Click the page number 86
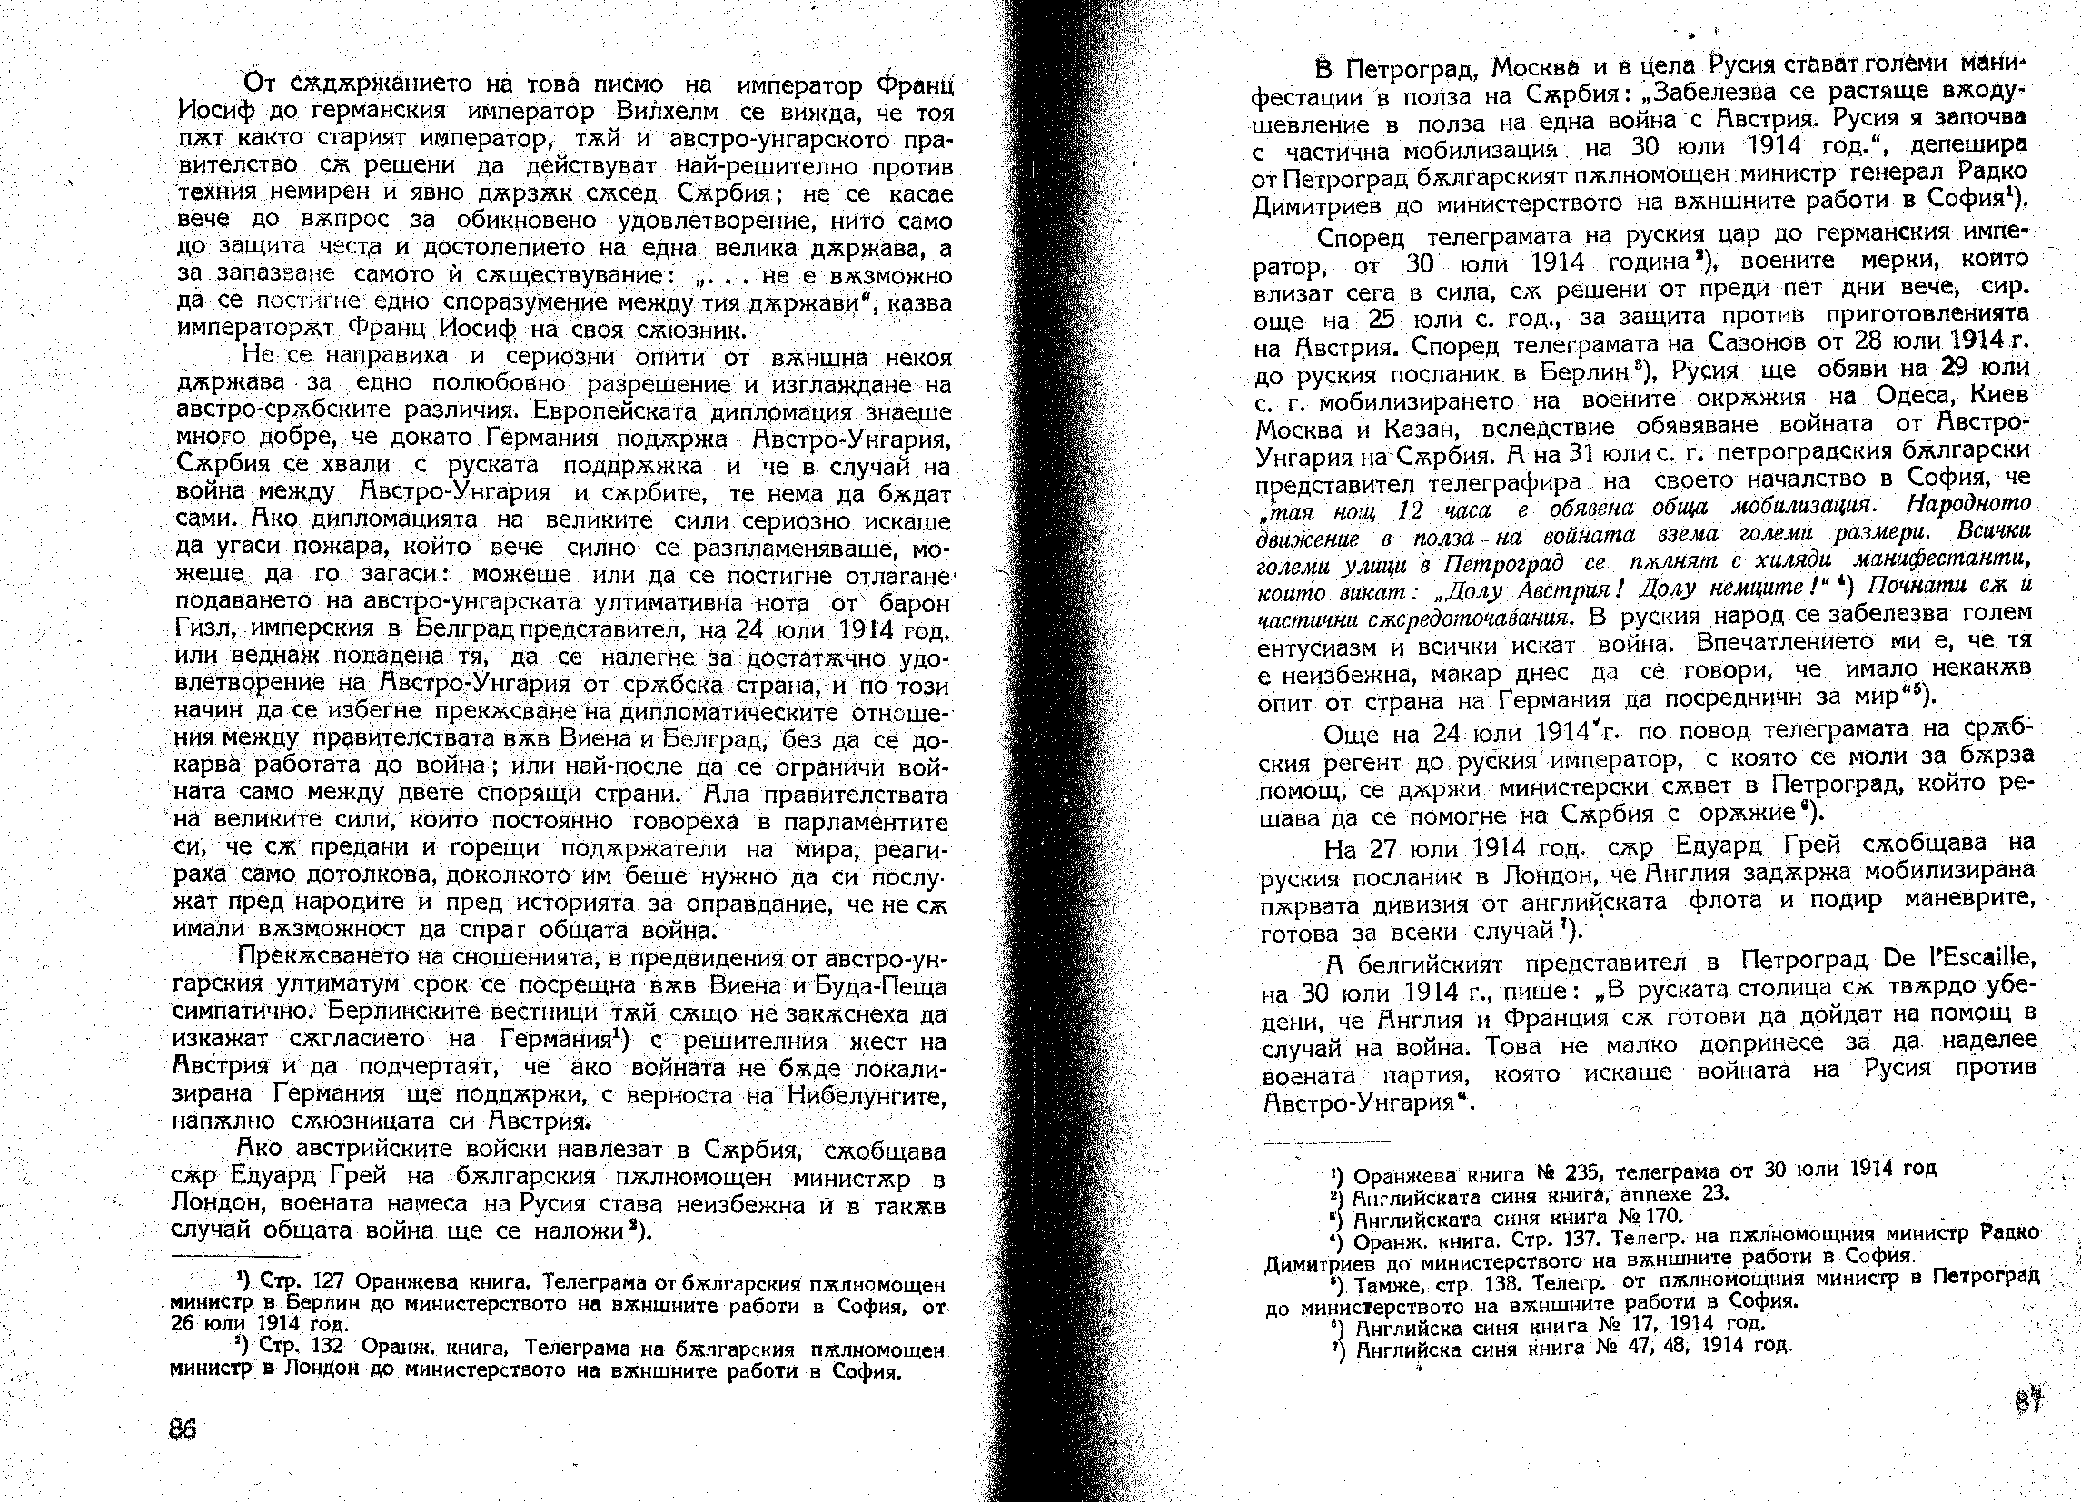click(183, 1428)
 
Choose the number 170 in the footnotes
click(1660, 1216)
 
